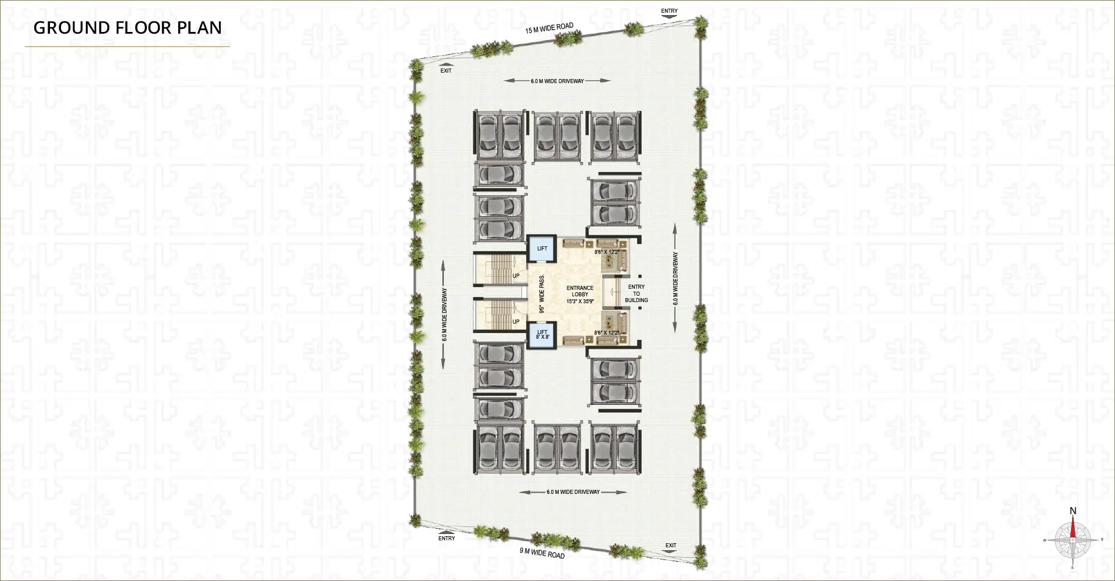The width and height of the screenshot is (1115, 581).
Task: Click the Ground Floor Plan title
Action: click(x=128, y=27)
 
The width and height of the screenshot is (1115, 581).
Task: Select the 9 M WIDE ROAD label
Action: click(x=541, y=553)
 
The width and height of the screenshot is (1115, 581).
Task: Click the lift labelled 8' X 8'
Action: click(x=542, y=335)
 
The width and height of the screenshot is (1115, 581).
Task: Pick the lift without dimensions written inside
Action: click(x=542, y=248)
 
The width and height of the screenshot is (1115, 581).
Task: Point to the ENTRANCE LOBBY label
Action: click(x=580, y=295)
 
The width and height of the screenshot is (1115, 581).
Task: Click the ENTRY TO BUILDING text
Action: click(x=636, y=293)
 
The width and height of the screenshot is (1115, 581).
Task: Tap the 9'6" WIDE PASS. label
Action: click(x=541, y=294)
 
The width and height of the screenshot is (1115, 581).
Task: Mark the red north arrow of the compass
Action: click(x=1073, y=530)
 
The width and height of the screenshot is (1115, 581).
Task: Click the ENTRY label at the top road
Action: click(x=669, y=11)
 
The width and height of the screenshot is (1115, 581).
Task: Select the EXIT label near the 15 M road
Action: click(x=445, y=71)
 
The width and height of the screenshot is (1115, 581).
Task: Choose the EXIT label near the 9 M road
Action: click(x=671, y=546)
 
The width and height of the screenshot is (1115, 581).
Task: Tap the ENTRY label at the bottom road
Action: click(x=447, y=539)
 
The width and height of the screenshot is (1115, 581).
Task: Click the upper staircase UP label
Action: click(x=516, y=275)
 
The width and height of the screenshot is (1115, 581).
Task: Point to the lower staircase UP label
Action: click(x=516, y=321)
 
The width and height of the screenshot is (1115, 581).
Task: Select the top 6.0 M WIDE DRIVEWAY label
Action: click(x=557, y=81)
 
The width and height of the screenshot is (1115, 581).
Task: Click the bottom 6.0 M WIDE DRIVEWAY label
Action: click(x=573, y=492)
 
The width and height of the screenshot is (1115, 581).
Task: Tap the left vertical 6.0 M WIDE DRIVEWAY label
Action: click(x=444, y=314)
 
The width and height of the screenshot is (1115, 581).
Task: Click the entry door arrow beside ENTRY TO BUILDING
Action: click(x=612, y=293)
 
